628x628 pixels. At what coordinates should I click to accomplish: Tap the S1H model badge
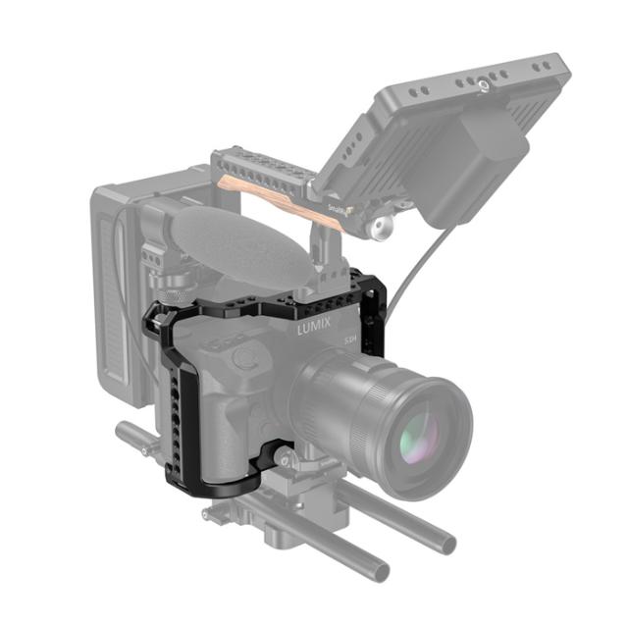tap(350, 340)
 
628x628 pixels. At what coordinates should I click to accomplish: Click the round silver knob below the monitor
tap(377, 230)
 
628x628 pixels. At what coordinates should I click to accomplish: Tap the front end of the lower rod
tap(374, 569)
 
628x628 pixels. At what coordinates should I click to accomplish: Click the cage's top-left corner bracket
tap(157, 320)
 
